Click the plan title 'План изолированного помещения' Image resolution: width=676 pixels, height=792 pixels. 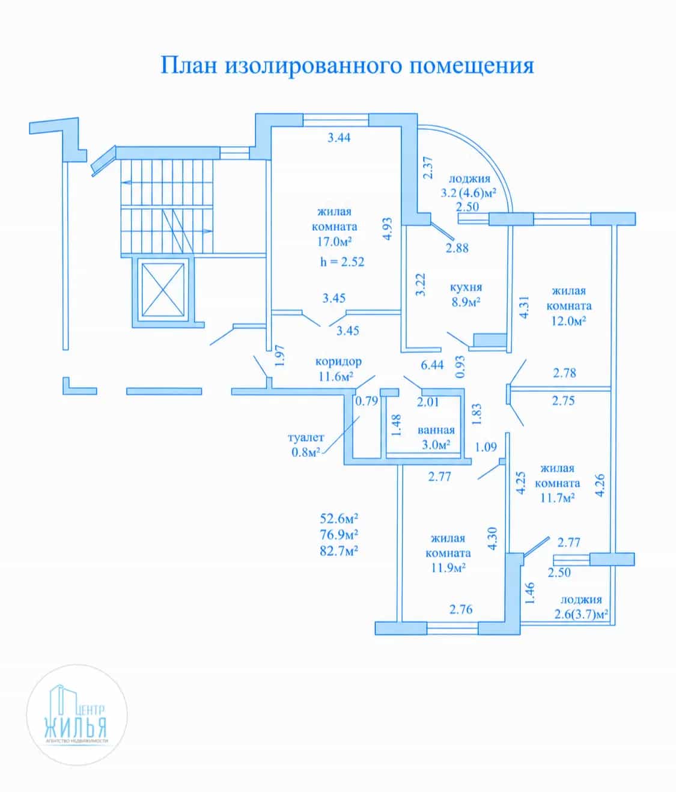coord(347,65)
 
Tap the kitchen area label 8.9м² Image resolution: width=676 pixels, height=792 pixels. coord(466,302)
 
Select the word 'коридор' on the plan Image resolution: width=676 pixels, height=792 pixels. coord(338,362)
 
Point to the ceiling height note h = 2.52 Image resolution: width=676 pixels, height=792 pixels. coord(343,262)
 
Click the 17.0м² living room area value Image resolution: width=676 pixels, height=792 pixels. coord(334,242)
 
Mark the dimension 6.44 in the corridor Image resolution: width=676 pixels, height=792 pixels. coord(432,365)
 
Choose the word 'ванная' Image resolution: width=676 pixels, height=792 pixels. coord(436,430)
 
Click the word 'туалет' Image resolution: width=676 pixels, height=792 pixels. coord(306,437)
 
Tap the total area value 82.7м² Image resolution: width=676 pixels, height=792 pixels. coord(339,550)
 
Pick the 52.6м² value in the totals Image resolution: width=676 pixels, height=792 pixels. coord(339,519)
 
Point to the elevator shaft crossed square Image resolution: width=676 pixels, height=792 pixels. coord(163,290)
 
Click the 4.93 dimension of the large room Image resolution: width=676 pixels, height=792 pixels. coord(388,229)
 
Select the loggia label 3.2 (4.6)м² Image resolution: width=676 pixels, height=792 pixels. coord(468,192)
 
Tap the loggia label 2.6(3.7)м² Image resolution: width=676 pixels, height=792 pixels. coord(581,615)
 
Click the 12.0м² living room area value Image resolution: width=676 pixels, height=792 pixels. coord(568,321)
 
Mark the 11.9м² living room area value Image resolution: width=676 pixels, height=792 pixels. coord(448,567)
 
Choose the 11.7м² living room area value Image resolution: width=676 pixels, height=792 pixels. coord(557,498)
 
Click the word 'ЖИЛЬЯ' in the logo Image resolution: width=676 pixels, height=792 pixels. coord(76,728)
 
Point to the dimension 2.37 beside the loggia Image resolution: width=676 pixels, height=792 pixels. coord(428,168)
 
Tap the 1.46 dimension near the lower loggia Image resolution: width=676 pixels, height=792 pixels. coord(529,594)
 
